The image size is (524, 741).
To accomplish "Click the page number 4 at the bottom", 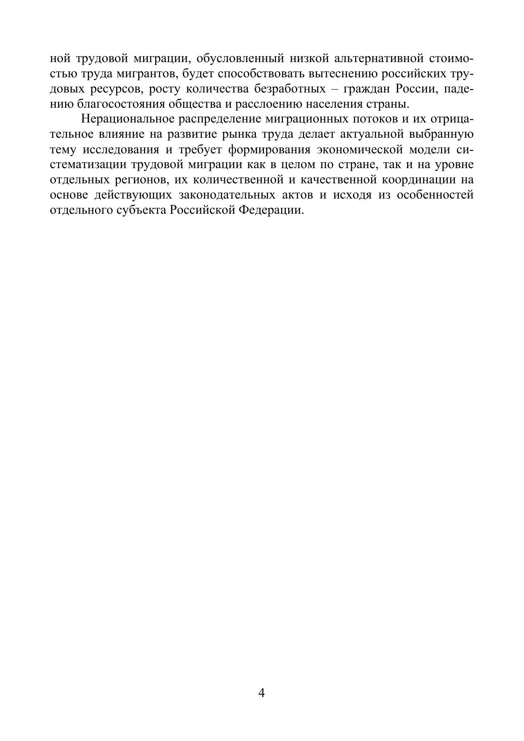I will tap(261, 693).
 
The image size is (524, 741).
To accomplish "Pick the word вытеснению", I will tap(343, 74).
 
